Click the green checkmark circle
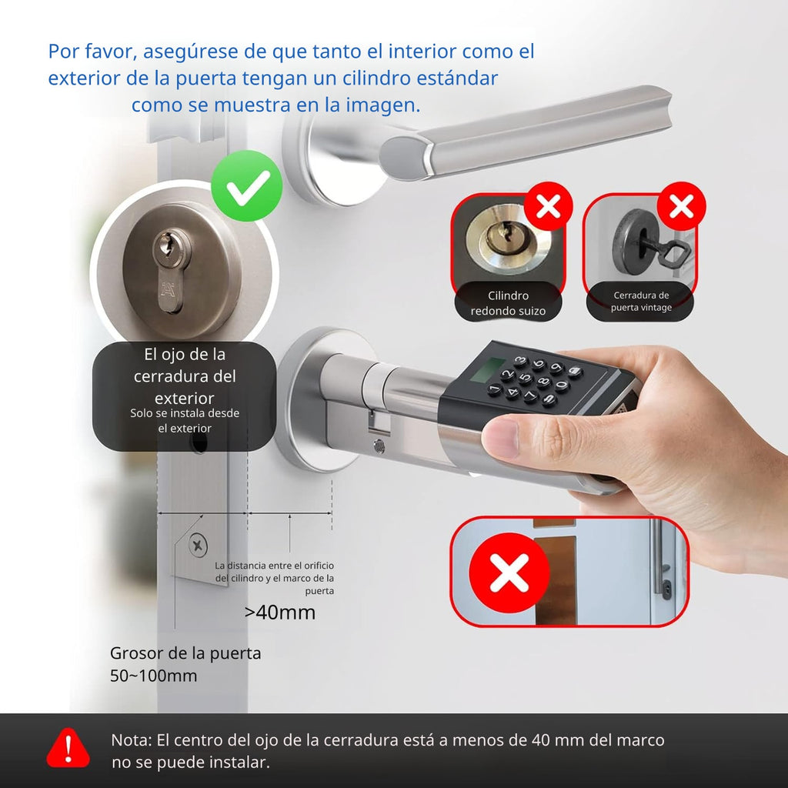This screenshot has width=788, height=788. click(x=246, y=186)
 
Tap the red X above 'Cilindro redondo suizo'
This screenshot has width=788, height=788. click(x=548, y=206)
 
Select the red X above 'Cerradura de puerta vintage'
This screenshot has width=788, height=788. click(x=682, y=206)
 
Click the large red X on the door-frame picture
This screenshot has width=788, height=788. click(x=509, y=573)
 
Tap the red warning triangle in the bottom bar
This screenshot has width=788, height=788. click(x=68, y=748)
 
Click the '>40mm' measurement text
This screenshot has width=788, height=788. click(x=280, y=612)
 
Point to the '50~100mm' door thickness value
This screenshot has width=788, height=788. click(x=154, y=676)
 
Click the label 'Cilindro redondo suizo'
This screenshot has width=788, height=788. click(x=508, y=303)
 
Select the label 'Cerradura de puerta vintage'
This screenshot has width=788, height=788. click(x=641, y=301)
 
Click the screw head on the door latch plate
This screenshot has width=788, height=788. click(x=198, y=546)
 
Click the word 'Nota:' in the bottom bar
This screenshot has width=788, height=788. click(x=131, y=740)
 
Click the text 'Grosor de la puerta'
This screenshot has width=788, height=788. click(x=185, y=653)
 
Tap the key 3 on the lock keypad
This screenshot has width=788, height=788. click(x=520, y=360)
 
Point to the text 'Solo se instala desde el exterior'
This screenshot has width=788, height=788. click(x=185, y=421)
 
